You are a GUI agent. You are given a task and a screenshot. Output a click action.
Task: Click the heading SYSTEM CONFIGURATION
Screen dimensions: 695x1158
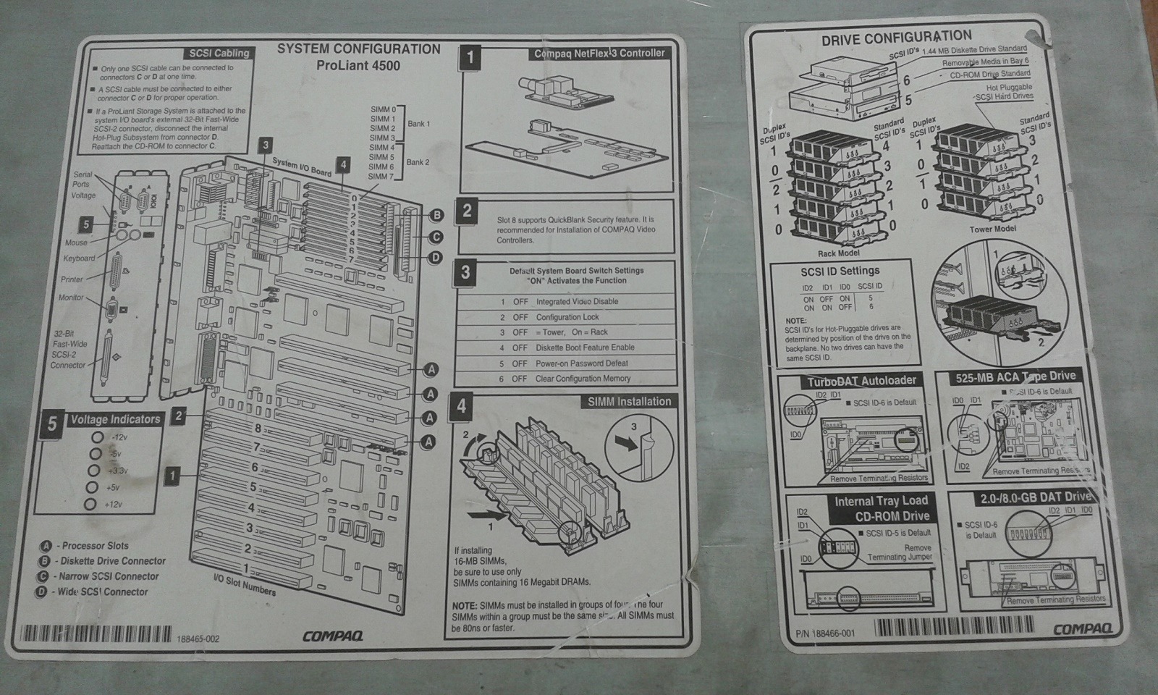[x=358, y=49]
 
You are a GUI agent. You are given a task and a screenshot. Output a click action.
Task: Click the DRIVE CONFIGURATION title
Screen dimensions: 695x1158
[x=896, y=38]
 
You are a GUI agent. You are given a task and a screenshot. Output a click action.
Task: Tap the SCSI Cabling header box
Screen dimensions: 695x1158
[x=219, y=53]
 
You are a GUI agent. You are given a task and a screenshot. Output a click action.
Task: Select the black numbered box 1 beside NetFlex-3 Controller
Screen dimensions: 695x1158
[x=470, y=58]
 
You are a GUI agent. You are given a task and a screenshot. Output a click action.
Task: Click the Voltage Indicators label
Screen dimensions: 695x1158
[x=115, y=419]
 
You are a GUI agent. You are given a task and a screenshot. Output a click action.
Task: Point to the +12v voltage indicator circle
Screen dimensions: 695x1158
[x=91, y=505]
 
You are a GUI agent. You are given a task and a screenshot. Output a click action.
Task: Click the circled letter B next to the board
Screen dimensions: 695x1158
[x=436, y=215]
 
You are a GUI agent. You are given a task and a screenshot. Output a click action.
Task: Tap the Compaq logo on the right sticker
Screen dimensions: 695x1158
[x=1082, y=628]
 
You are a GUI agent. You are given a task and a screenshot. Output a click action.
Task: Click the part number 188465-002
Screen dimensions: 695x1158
[x=198, y=639]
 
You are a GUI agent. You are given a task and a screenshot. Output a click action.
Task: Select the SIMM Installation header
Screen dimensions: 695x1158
[x=628, y=401]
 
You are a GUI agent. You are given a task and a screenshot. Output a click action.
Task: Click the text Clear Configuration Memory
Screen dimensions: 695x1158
[x=583, y=379]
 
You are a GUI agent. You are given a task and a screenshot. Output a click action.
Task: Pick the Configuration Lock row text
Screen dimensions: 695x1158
[x=567, y=317]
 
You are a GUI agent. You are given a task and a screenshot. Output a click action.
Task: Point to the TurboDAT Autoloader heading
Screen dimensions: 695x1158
[x=862, y=381]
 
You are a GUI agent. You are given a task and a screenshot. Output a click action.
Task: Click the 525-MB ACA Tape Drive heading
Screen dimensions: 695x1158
[x=1015, y=376]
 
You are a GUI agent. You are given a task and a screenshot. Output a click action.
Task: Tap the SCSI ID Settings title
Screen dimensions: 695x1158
[x=840, y=271]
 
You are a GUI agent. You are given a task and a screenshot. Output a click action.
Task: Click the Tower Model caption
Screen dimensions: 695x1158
[x=993, y=229]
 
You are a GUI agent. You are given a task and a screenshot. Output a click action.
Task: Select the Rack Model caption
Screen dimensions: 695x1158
[x=838, y=253]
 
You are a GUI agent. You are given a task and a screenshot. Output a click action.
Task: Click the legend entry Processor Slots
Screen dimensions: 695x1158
[x=94, y=546]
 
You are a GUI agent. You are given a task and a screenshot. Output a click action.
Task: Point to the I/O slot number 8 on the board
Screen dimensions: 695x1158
[x=257, y=428]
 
